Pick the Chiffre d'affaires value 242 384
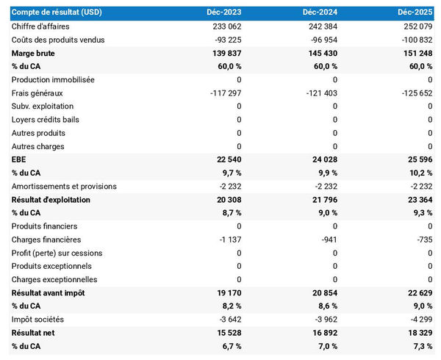[320, 26]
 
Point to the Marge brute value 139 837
[224, 54]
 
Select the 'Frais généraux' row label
[37, 93]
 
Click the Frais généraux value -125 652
[414, 93]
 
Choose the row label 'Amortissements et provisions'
[64, 187]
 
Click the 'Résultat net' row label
[35, 333]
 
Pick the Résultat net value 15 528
[226, 333]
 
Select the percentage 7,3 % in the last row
[422, 346]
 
